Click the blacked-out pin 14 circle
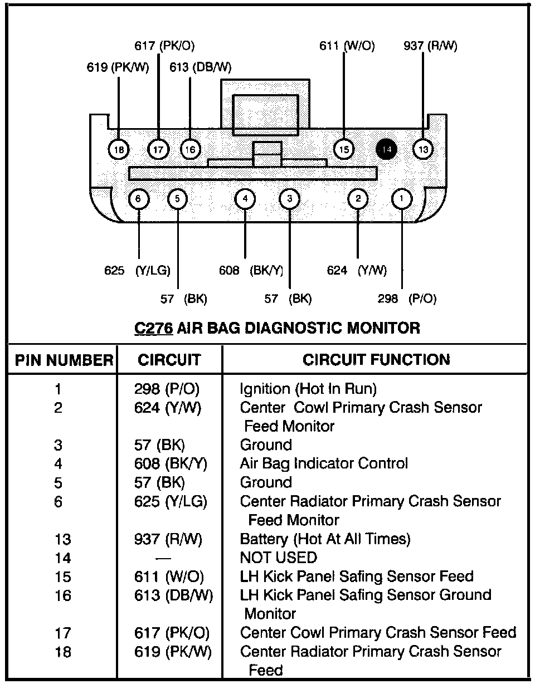pos(387,149)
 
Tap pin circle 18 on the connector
pos(118,149)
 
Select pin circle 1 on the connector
pos(402,198)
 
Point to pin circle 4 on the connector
pos(245,198)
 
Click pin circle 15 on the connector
pos(343,149)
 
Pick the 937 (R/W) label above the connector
pos(430,46)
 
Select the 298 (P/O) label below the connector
pos(407,299)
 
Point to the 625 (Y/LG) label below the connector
pos(137,271)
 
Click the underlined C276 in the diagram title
pos(153,328)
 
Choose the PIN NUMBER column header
pos(64,360)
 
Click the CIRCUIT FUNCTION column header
pos(376,360)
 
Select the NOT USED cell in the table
pos(278,558)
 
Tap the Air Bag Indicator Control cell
pos(324,463)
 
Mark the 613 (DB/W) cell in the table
pos(174,595)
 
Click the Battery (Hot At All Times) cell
pos(325,539)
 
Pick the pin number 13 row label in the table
pos(63,539)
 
